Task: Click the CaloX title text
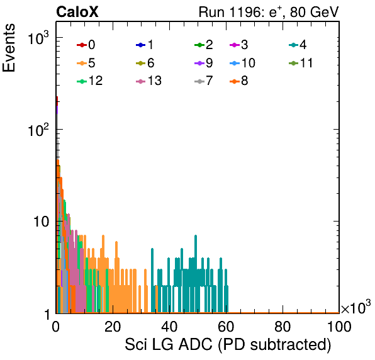[x=77, y=11]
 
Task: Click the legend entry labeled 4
[x=298, y=45]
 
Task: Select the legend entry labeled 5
[x=86, y=63]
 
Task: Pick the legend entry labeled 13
[x=148, y=81]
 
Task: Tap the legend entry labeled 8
[x=238, y=81]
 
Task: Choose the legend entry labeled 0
[x=86, y=45]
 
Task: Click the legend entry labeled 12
[x=90, y=81]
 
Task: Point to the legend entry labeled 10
[x=242, y=63]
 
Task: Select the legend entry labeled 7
[x=204, y=81]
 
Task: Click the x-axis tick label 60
[x=226, y=326]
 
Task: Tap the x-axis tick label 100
[x=339, y=326]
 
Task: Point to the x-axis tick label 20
[x=113, y=326]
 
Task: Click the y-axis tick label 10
[x=41, y=222]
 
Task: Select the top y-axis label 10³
[x=38, y=38]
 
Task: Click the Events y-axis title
[x=9, y=48]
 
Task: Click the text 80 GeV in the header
[x=314, y=12]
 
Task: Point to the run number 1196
[x=246, y=12]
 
